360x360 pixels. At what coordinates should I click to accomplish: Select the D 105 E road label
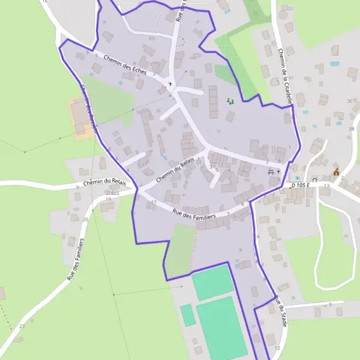(x=300, y=185)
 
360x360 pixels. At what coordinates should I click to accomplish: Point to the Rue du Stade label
(x=280, y=311)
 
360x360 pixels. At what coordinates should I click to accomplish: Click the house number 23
(x=22, y=326)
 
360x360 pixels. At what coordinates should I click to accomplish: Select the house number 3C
(x=351, y=101)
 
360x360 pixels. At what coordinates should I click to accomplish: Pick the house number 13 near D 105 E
(x=326, y=186)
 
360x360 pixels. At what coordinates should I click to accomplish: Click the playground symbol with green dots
(x=230, y=101)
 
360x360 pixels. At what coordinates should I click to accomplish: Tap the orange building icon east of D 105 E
(x=336, y=172)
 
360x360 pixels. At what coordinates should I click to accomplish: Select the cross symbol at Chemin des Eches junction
(x=170, y=83)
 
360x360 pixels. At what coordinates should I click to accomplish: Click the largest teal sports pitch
(x=221, y=327)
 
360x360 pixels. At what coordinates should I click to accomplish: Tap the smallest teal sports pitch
(x=188, y=314)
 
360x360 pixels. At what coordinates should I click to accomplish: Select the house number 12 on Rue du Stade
(x=277, y=348)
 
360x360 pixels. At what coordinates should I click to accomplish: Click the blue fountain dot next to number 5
(x=298, y=178)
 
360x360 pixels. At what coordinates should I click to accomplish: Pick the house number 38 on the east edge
(x=352, y=129)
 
